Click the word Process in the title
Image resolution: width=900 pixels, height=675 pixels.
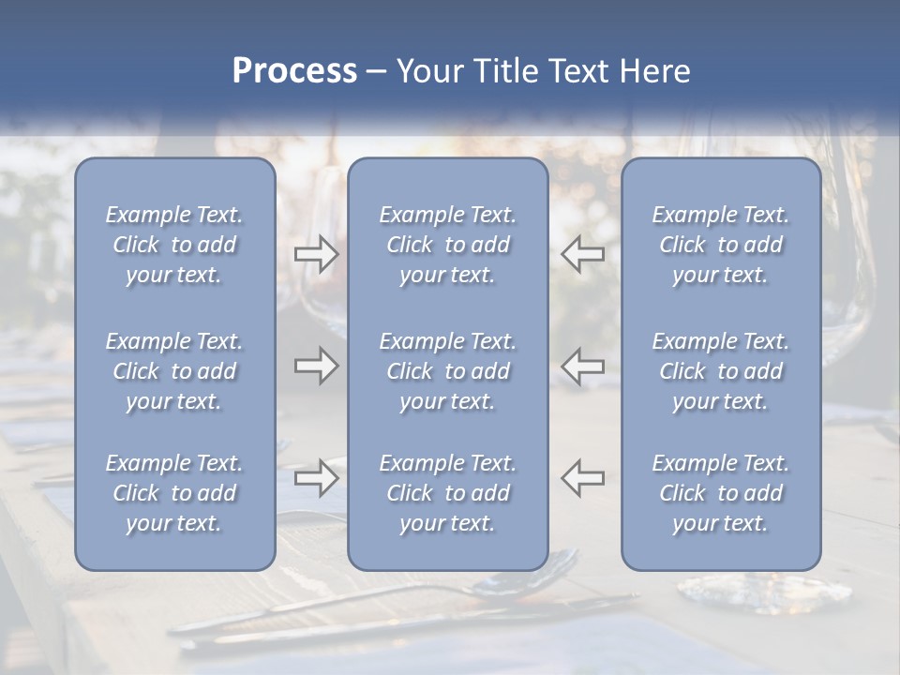(294, 71)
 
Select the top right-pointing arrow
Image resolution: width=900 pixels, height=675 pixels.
(316, 254)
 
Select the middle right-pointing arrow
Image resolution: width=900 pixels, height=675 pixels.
(316, 365)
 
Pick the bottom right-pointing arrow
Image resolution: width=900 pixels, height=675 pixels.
(316, 477)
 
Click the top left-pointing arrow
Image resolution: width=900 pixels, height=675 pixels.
(583, 254)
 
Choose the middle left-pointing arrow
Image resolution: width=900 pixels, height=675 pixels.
(583, 365)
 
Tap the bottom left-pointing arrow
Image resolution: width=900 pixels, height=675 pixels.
(583, 477)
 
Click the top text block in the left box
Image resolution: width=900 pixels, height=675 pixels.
(174, 245)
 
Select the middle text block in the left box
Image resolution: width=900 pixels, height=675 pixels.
(174, 371)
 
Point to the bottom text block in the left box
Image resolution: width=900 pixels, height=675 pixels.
(174, 493)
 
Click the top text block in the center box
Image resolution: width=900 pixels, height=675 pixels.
(447, 245)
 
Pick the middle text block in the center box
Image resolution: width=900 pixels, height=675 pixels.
(447, 371)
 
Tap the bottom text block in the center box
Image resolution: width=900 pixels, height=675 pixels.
(447, 493)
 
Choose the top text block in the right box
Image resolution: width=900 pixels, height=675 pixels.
(720, 245)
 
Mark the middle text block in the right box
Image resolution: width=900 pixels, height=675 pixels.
(720, 371)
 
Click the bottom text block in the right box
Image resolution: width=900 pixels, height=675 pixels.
(720, 493)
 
